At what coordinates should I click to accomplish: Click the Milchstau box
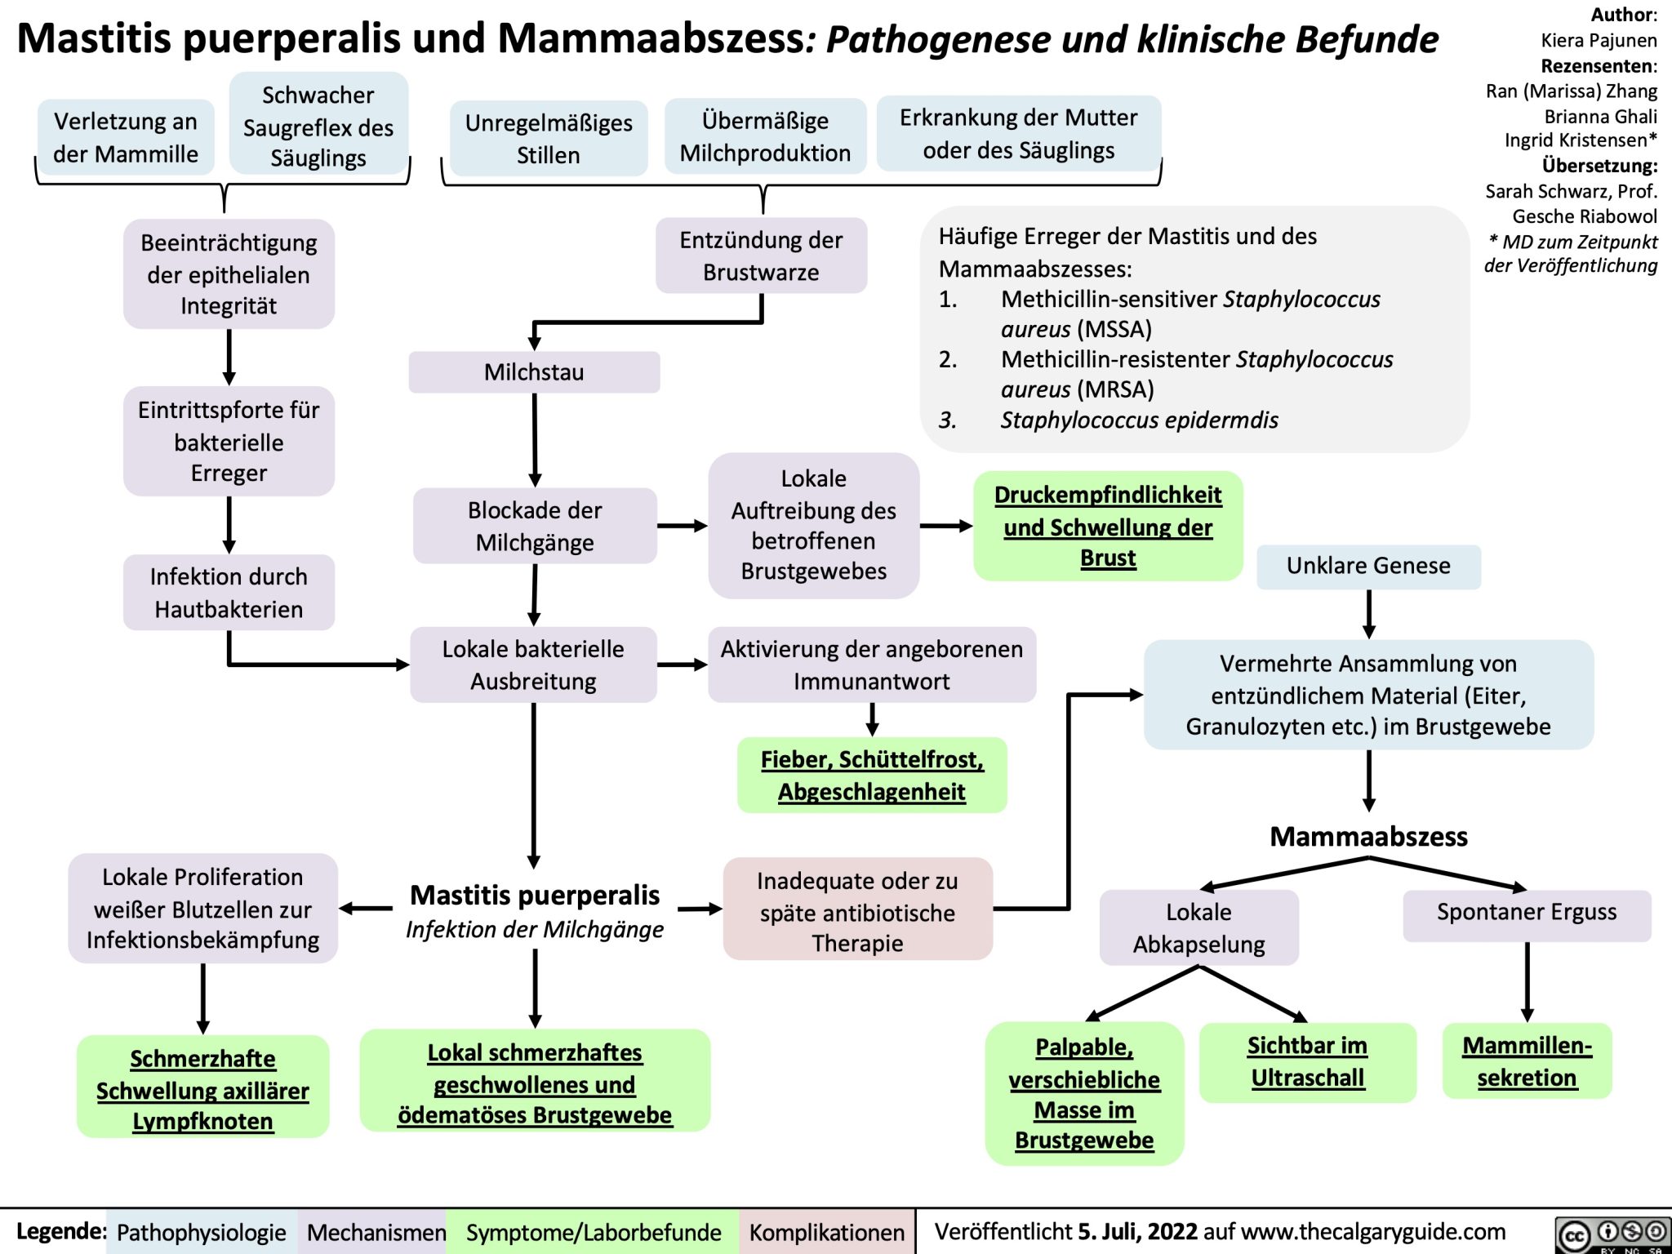click(534, 372)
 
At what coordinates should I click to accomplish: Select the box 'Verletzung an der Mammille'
click(126, 137)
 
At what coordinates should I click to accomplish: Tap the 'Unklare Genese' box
click(1368, 566)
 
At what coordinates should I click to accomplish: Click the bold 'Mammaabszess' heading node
click(1368, 836)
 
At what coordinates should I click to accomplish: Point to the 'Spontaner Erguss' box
click(1526, 913)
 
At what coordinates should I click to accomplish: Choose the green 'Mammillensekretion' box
click(1527, 1061)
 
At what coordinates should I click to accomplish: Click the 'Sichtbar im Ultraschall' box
click(1307, 1061)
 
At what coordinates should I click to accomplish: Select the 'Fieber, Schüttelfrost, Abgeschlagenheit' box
click(872, 775)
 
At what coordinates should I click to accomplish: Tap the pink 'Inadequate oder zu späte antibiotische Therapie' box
click(857, 912)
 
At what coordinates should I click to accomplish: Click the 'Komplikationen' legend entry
click(826, 1232)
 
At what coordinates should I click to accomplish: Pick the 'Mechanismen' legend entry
click(376, 1232)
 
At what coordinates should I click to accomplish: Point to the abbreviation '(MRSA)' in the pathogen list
click(1115, 389)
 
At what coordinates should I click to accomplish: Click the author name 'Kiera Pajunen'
click(1599, 40)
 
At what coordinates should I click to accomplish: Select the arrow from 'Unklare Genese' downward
click(1368, 614)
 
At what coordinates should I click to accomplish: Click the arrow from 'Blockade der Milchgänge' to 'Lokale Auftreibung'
click(682, 527)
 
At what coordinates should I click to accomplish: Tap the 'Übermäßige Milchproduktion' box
click(765, 137)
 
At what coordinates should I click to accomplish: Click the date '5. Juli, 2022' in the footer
click(1137, 1231)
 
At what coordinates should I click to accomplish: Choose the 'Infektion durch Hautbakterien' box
click(229, 593)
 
